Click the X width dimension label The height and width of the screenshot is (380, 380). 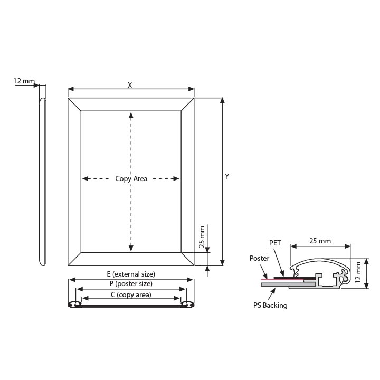tap(130, 85)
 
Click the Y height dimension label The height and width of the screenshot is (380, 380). tap(227, 176)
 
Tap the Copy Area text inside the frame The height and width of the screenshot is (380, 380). tap(131, 178)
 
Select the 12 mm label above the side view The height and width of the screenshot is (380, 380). tap(24, 81)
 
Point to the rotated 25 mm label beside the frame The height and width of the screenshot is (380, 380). tap(202, 236)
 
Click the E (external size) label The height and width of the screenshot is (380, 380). tap(131, 274)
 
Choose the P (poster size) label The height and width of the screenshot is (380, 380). tap(131, 283)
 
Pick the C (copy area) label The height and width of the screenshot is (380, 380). tap(131, 294)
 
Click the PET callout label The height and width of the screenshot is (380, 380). tap(275, 243)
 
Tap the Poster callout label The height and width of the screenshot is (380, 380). tap(259, 258)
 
